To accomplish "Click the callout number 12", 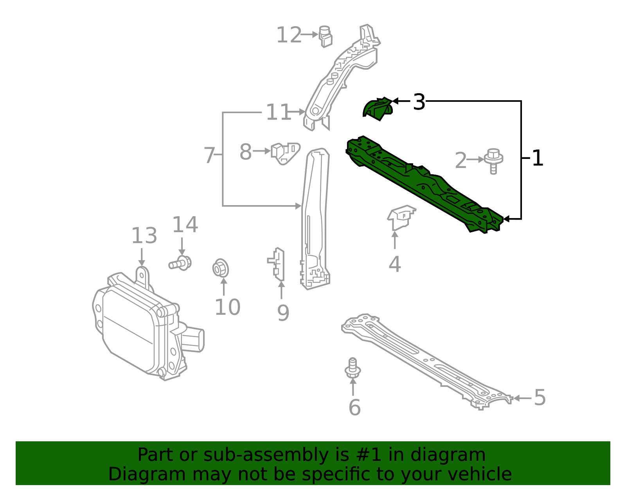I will (289, 35).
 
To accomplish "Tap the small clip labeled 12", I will (325, 36).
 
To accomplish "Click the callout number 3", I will (419, 102).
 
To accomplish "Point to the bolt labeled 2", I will (493, 161).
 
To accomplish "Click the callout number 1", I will (538, 159).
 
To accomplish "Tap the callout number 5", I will (540, 398).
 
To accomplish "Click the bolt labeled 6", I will (353, 368).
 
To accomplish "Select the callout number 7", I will (209, 155).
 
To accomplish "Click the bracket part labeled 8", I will (285, 153).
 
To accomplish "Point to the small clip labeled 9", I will (278, 265).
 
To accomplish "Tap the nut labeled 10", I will (221, 268).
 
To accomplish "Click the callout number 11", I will (278, 113).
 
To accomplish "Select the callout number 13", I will (144, 236).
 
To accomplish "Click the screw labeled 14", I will (181, 263).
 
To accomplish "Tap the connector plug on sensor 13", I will (193, 339).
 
